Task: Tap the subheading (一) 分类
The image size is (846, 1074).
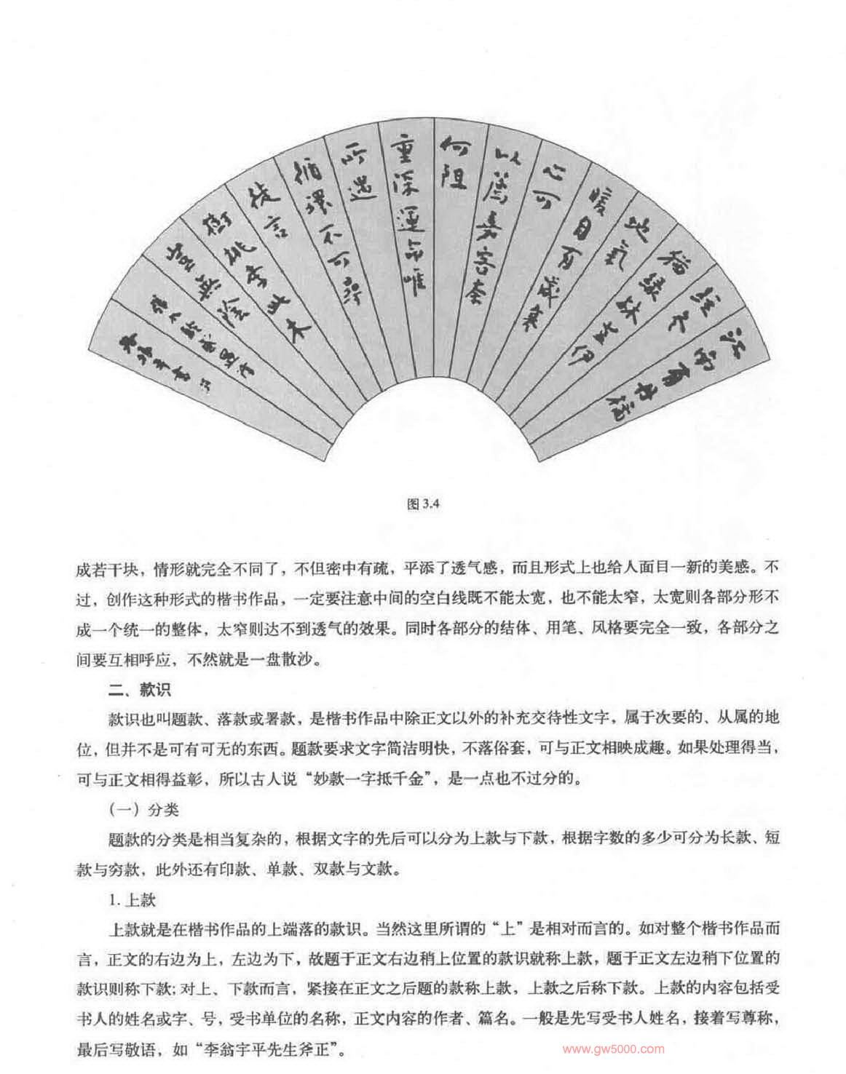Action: (144, 809)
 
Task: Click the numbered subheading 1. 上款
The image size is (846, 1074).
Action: (133, 899)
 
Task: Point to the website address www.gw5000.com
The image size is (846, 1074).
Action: (614, 1049)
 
